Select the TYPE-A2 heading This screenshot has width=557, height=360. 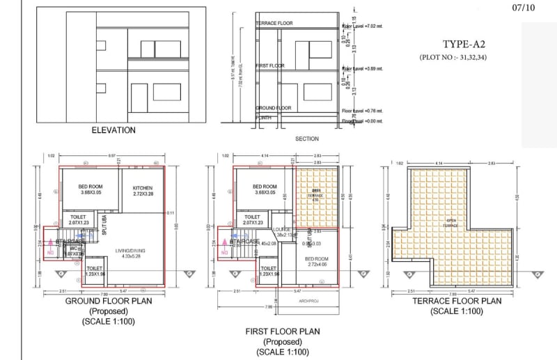462,44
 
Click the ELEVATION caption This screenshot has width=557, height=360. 113,130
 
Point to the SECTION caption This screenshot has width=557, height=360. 307,139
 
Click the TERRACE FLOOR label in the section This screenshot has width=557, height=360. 274,24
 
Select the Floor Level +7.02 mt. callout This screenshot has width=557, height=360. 362,27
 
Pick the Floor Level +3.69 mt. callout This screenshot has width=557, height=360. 362,69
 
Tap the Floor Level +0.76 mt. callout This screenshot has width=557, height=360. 362,111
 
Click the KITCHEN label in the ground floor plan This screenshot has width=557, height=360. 143,188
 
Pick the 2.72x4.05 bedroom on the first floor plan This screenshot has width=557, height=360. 317,261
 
